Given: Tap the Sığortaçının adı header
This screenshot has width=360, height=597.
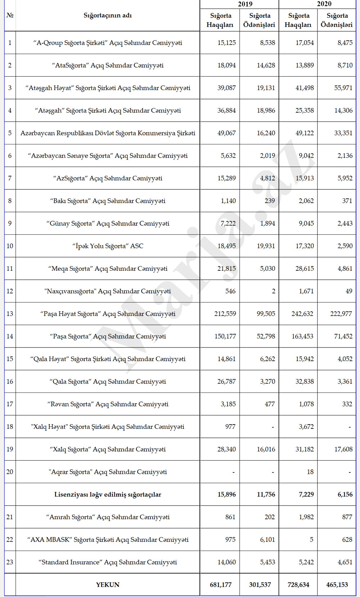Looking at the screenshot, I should (x=108, y=15).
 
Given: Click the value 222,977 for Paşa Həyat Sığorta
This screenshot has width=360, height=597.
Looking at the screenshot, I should (x=341, y=314).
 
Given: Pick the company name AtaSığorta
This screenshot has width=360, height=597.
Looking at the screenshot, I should (x=108, y=65).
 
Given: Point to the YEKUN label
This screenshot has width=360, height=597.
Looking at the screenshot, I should (x=108, y=585).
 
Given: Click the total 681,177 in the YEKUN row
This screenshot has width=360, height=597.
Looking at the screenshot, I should (x=221, y=585).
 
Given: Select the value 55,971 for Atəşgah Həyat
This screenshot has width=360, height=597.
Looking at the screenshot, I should (x=343, y=88).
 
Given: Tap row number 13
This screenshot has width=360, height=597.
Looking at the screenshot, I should (x=10, y=314).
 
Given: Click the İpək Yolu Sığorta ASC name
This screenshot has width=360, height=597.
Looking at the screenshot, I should (x=108, y=246).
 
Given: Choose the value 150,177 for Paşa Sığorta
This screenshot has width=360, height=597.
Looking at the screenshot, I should (x=225, y=336).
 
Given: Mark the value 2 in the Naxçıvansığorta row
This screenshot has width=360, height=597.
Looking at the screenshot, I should (x=273, y=291).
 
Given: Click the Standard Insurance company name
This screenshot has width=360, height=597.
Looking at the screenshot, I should (x=108, y=562).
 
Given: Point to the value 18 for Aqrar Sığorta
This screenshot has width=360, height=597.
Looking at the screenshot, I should (x=310, y=472).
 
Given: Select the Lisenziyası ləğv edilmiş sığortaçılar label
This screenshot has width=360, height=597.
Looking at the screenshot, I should (x=108, y=494).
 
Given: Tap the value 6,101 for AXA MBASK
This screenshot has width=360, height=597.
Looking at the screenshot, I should (x=267, y=539).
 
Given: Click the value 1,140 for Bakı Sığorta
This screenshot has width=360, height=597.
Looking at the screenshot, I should (x=228, y=201).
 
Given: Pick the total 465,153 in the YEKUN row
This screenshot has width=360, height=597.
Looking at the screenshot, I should (x=337, y=585).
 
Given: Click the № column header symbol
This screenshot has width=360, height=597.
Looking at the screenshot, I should (x=10, y=15).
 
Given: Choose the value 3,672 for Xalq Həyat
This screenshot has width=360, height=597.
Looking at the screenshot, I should (x=306, y=427).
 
